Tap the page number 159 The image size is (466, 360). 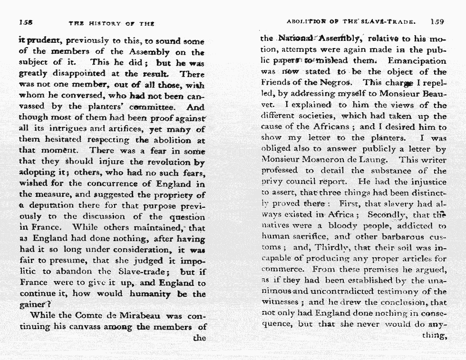pyautogui.click(x=437, y=21)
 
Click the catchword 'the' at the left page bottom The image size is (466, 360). pyautogui.click(x=200, y=338)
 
